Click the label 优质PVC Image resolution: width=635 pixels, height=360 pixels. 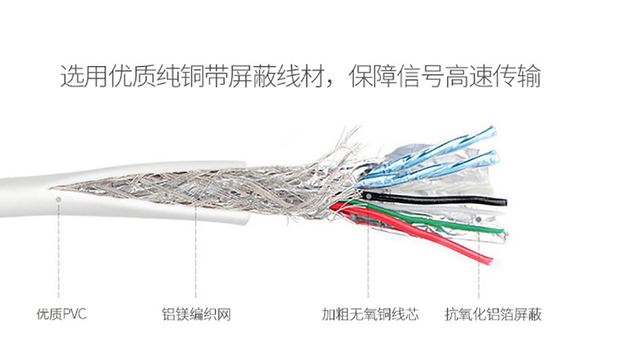(61, 315)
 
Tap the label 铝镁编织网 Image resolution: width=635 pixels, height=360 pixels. (196, 315)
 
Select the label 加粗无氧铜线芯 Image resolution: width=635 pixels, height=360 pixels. (370, 315)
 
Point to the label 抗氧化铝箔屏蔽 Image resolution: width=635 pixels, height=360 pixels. (493, 315)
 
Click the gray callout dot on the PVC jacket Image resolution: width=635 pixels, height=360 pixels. (59, 199)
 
